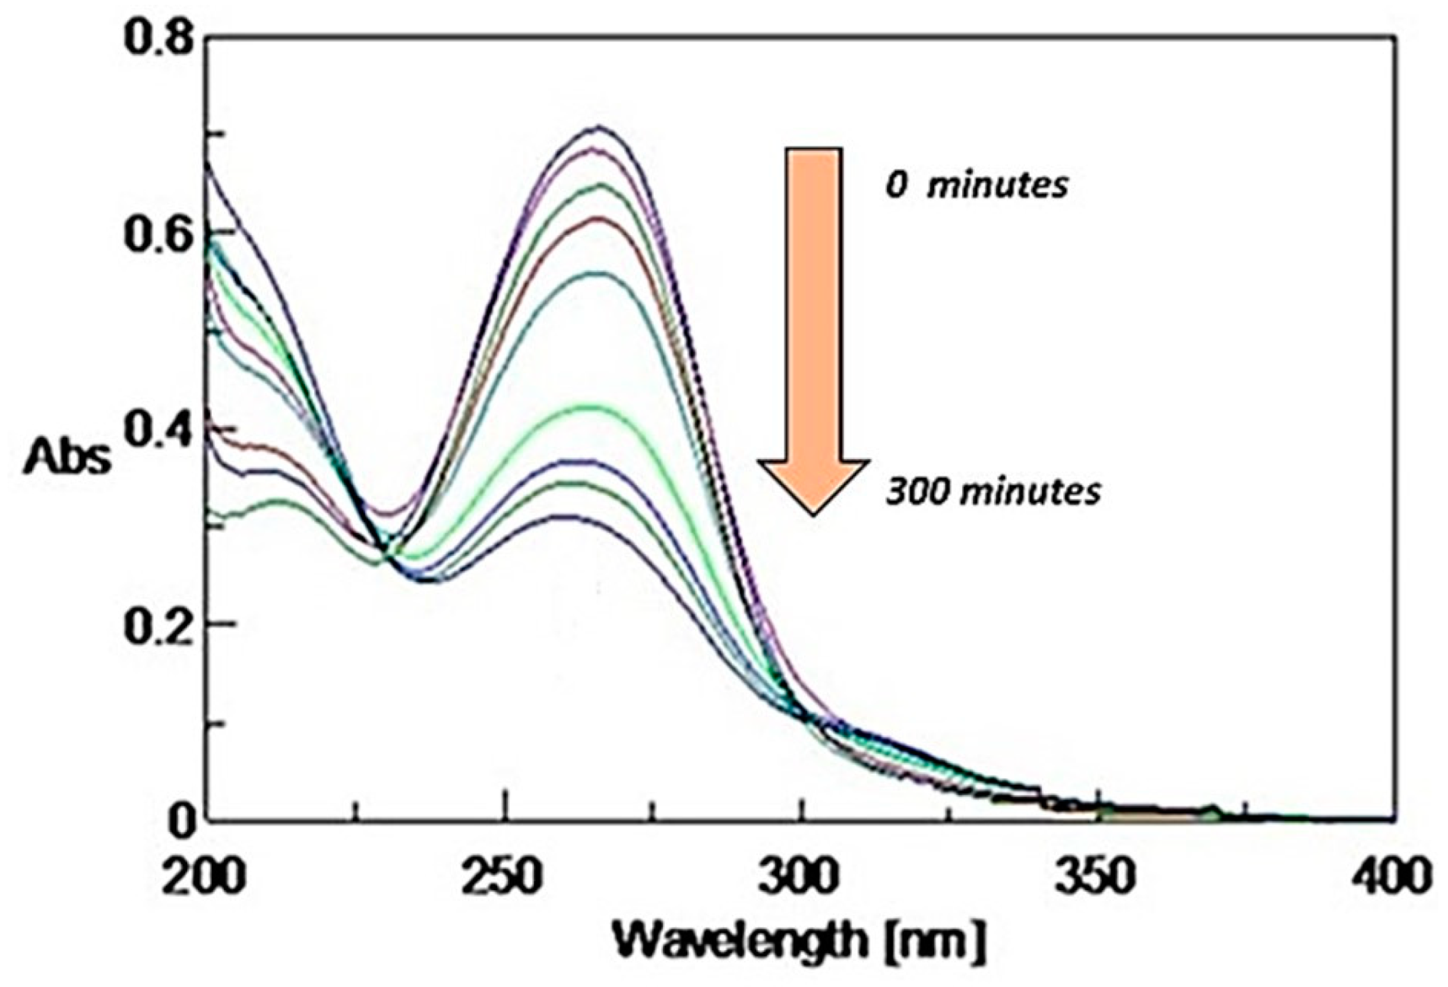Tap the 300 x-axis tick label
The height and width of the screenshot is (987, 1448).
pyautogui.click(x=801, y=877)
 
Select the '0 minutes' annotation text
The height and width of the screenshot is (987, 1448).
pyautogui.click(x=976, y=186)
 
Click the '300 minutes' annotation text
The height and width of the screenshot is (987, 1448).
pyautogui.click(x=993, y=492)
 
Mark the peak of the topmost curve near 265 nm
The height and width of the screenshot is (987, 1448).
pyautogui.click(x=599, y=128)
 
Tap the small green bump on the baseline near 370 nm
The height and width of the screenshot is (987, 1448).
pyautogui.click(x=1212, y=825)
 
